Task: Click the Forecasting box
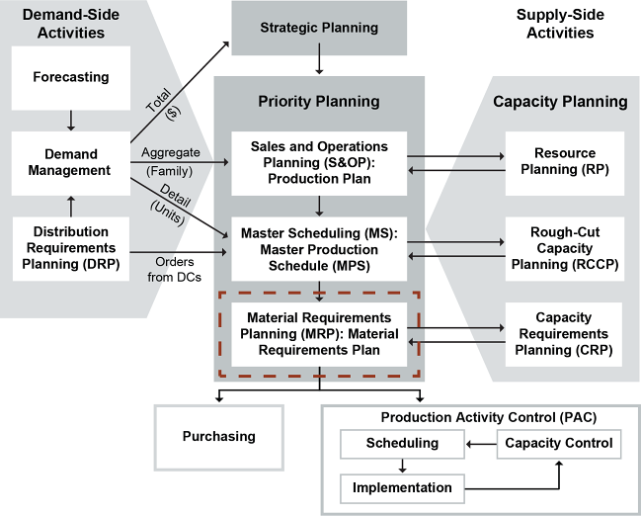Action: click(x=70, y=76)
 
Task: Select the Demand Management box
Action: click(x=70, y=161)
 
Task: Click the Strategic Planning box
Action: click(x=319, y=28)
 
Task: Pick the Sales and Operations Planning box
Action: click(x=319, y=161)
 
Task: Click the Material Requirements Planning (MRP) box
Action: click(x=319, y=333)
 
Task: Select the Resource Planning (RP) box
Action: click(x=563, y=161)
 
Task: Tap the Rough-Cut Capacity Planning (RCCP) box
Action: click(x=563, y=246)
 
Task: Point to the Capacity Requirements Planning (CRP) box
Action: click(x=563, y=333)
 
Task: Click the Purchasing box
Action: click(x=218, y=436)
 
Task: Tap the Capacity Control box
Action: click(x=558, y=444)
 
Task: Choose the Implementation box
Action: click(x=401, y=487)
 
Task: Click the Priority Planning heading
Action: click(x=319, y=101)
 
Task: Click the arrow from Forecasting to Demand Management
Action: click(x=70, y=121)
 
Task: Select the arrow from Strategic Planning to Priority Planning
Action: click(x=319, y=65)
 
